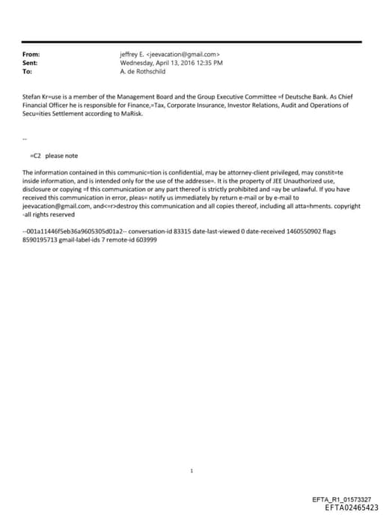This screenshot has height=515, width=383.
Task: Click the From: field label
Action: (x=31, y=55)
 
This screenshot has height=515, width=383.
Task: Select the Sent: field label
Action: (x=31, y=63)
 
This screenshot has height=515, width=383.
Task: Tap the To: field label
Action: (x=28, y=71)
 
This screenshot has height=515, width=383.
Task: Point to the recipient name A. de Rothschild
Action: (x=143, y=71)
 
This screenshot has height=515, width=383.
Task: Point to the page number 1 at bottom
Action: (x=192, y=471)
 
